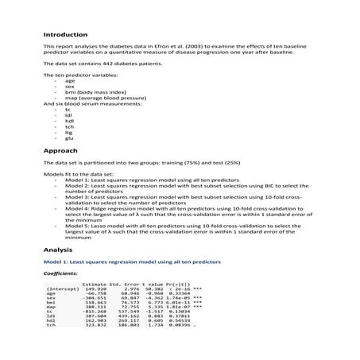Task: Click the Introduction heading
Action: [67, 34]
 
